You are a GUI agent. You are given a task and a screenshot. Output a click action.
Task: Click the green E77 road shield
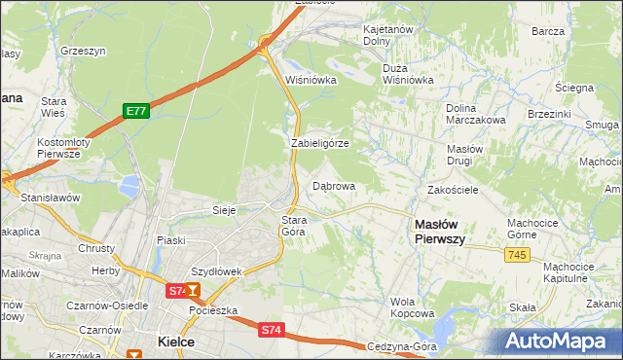(135, 112)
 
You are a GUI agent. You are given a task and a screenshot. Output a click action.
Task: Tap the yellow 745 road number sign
(518, 254)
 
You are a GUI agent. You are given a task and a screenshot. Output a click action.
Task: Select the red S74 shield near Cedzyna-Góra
(271, 331)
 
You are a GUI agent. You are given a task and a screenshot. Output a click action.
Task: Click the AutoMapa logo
(558, 342)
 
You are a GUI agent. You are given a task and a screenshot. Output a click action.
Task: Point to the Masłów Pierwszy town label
(440, 231)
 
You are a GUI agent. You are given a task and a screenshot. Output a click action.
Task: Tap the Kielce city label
(176, 342)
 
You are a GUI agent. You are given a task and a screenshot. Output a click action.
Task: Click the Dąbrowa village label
(334, 185)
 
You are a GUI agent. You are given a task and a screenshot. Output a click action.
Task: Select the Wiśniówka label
(311, 80)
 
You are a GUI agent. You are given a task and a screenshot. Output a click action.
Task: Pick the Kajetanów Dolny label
(390, 36)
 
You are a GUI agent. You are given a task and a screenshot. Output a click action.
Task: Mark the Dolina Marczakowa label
(475, 114)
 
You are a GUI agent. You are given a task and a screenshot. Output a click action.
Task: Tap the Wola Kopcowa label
(412, 307)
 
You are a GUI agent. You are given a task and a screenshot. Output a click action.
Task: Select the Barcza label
(548, 31)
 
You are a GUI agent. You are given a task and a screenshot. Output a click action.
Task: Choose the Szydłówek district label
(215, 271)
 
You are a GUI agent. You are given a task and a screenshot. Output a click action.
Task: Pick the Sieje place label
(225, 210)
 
